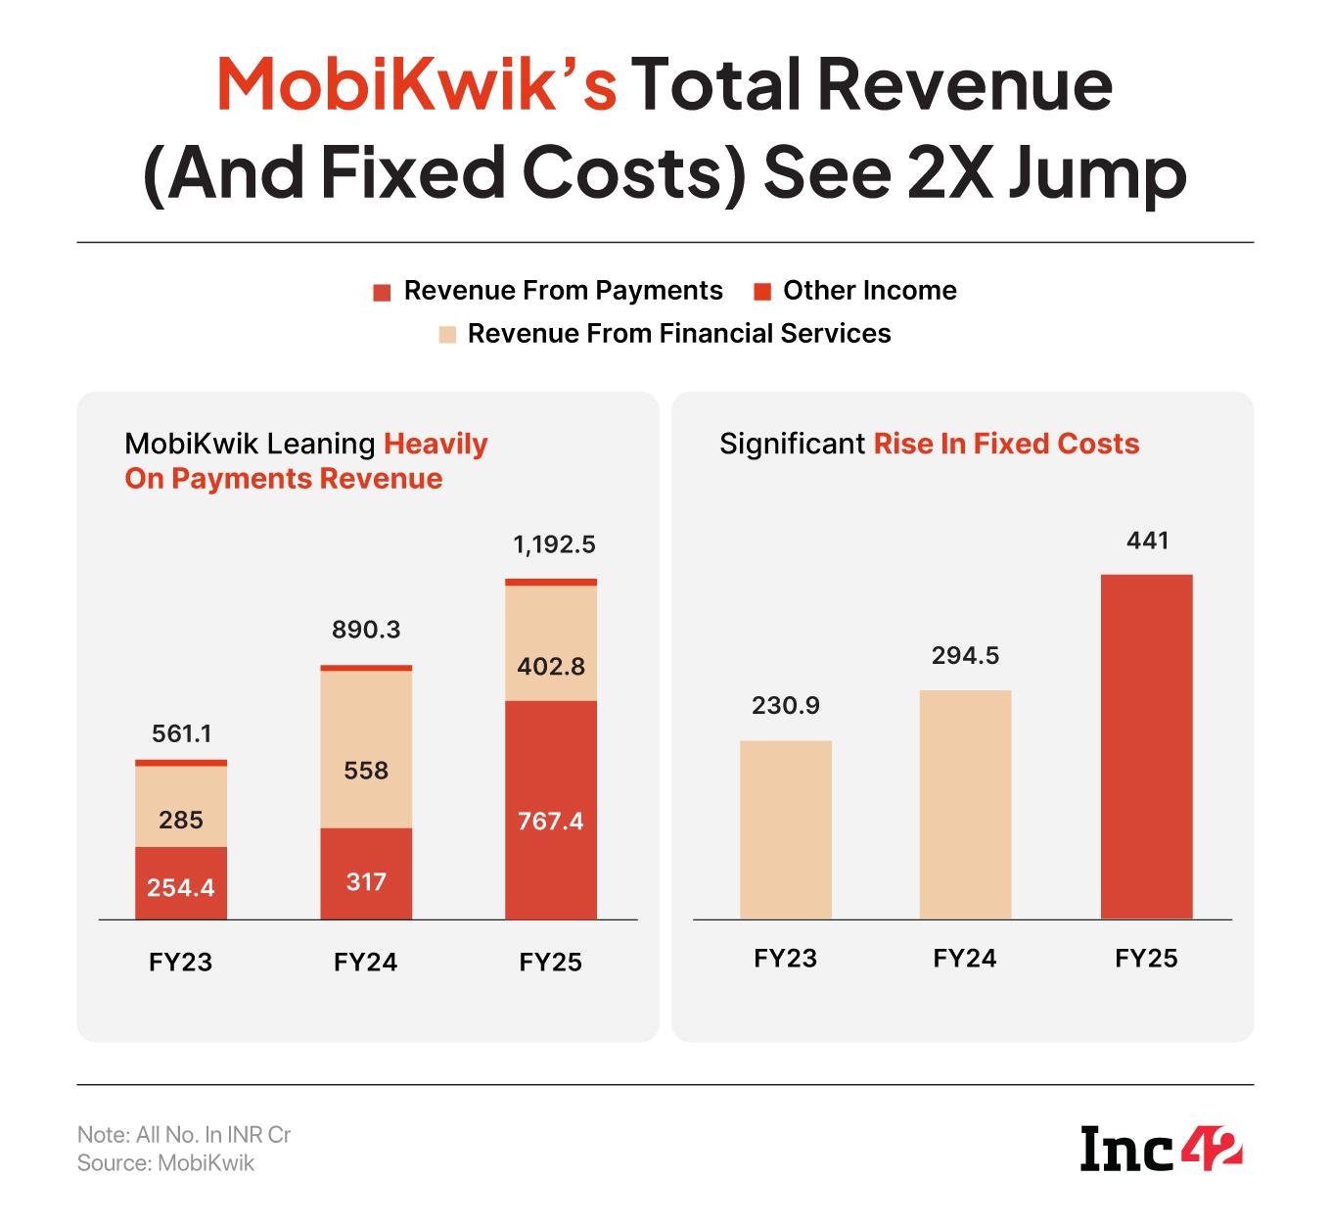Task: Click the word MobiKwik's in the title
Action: (x=416, y=84)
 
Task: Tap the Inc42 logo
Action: (x=1161, y=1149)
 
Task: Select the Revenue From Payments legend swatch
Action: (x=383, y=292)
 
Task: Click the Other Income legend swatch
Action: (x=763, y=292)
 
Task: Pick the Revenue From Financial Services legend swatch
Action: (x=447, y=335)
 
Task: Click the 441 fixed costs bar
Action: (x=1146, y=746)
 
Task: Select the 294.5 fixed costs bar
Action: (x=965, y=804)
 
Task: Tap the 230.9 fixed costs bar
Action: (x=786, y=829)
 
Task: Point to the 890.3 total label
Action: (x=366, y=630)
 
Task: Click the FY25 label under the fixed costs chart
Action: (x=1146, y=958)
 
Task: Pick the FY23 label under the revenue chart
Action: (x=181, y=962)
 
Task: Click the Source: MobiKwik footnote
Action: (x=165, y=1163)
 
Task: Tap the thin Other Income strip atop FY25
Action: (x=550, y=582)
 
